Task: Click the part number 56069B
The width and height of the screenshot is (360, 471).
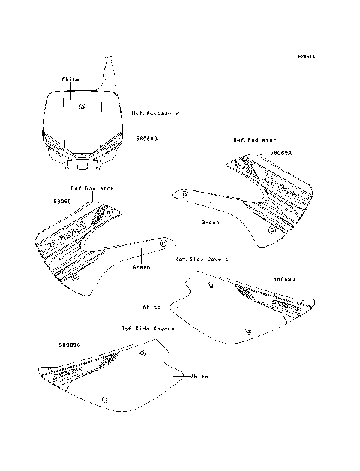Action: coord(147,139)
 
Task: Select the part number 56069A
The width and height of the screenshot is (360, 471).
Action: coord(281,152)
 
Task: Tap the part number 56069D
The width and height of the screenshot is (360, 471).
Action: coord(284,279)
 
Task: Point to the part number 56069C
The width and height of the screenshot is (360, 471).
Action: coord(68,343)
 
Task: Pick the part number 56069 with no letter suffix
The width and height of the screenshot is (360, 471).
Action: coord(62,201)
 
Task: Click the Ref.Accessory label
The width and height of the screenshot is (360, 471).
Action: coord(155,113)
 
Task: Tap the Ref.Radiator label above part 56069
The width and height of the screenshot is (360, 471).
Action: coord(92,188)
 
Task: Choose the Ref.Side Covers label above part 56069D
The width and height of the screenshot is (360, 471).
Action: coord(202,259)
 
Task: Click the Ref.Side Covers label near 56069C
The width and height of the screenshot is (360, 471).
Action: coord(148,328)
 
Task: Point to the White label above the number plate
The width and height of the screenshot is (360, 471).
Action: coord(70,77)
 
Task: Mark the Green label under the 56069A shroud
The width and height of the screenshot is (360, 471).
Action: coord(211,223)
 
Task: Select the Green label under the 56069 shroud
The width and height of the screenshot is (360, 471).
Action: coord(141,266)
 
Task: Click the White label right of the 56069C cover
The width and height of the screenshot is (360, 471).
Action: coord(199,375)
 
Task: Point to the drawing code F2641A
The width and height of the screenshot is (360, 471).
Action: coord(305,56)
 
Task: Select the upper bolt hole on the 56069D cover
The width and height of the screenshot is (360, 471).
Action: coord(211,286)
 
